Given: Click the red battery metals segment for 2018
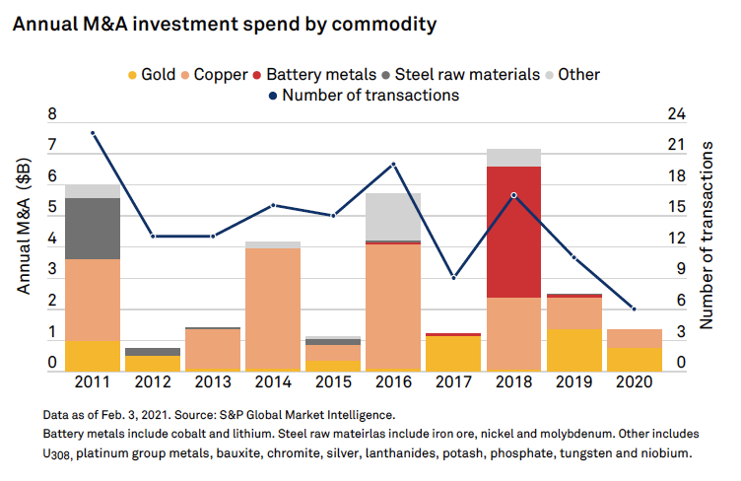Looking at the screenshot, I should tap(514, 232).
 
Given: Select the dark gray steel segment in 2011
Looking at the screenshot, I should tap(93, 229).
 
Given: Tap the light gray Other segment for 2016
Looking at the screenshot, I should tap(393, 217).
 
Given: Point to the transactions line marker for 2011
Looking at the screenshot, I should tap(93, 133).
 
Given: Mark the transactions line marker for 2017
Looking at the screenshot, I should tap(453, 278).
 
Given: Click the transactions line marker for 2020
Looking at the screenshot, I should tap(634, 309).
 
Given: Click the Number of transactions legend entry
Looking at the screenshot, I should tap(362, 96).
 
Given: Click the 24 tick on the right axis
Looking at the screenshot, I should tap(676, 115).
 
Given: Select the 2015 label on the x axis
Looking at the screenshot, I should tap(333, 380).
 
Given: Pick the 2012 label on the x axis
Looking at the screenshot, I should tap(153, 380).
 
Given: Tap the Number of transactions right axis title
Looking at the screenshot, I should tap(707, 234).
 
